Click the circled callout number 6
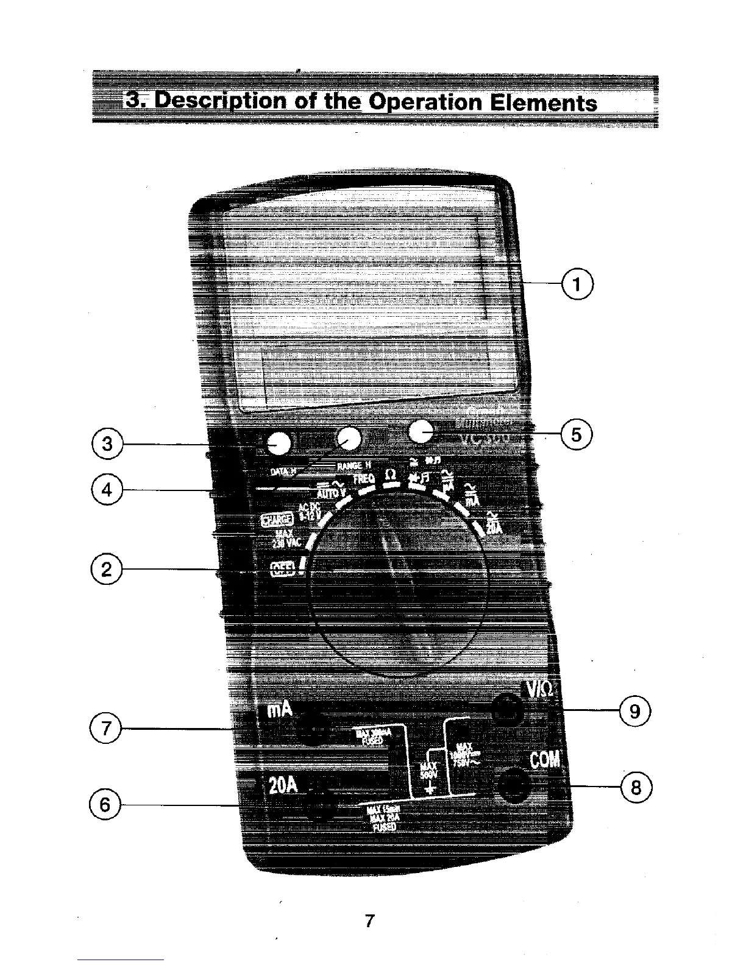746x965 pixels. click(105, 805)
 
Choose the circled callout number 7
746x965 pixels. click(105, 728)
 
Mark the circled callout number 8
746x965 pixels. click(636, 788)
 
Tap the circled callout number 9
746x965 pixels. click(635, 711)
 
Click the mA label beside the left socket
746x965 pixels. click(280, 710)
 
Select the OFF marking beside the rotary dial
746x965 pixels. click(283, 568)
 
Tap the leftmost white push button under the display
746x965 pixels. click(279, 444)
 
